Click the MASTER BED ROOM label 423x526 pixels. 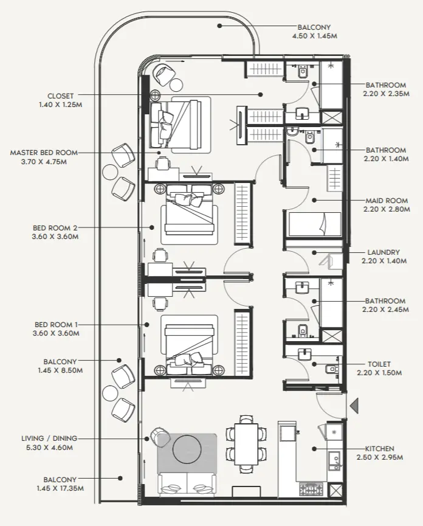pos(43,153)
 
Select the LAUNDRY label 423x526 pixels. pos(383,252)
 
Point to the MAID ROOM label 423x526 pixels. pos(386,200)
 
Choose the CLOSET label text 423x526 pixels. pos(60,95)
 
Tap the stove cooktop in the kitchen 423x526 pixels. pos(312,489)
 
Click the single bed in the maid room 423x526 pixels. pos(314,224)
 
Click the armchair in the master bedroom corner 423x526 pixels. pos(163,74)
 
